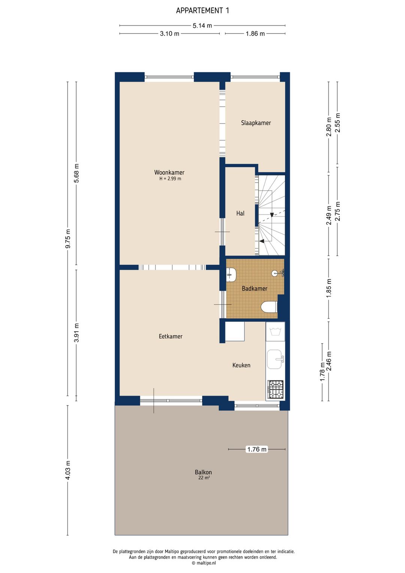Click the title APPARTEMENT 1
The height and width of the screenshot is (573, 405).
(x=202, y=11)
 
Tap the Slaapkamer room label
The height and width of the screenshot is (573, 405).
(x=256, y=123)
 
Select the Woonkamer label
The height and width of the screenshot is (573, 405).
(x=169, y=172)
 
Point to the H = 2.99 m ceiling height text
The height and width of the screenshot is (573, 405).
(x=170, y=179)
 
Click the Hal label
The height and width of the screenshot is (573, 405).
(x=240, y=213)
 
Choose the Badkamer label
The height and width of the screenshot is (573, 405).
(x=254, y=288)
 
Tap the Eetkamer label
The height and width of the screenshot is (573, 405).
(x=171, y=336)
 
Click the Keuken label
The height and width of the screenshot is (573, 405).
(x=241, y=365)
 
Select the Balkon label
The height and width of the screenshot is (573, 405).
(x=203, y=472)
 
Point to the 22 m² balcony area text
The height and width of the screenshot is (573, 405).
(x=204, y=478)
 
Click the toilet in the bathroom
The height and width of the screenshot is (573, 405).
(x=269, y=307)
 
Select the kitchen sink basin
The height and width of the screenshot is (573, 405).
(x=275, y=359)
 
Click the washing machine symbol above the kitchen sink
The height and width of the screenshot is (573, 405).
(x=275, y=332)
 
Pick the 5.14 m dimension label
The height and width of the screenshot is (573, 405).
(x=202, y=26)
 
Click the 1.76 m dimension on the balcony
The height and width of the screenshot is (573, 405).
(x=256, y=449)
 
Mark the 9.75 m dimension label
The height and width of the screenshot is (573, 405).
(x=68, y=239)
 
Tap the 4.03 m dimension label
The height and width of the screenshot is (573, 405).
(x=68, y=470)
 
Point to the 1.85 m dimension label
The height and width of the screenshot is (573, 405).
(x=329, y=288)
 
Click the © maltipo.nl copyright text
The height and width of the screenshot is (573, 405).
(x=204, y=563)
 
